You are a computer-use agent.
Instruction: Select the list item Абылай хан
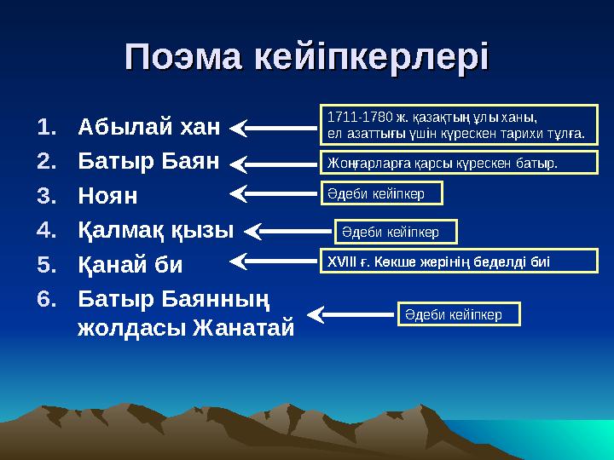pyautogui.click(x=148, y=127)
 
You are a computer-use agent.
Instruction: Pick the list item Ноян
pyautogui.click(x=107, y=195)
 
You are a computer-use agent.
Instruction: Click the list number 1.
pyautogui.click(x=46, y=127)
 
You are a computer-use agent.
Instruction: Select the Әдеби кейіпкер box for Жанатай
pyautogui.click(x=459, y=314)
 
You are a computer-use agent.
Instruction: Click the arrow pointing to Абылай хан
pyautogui.click(x=273, y=128)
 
